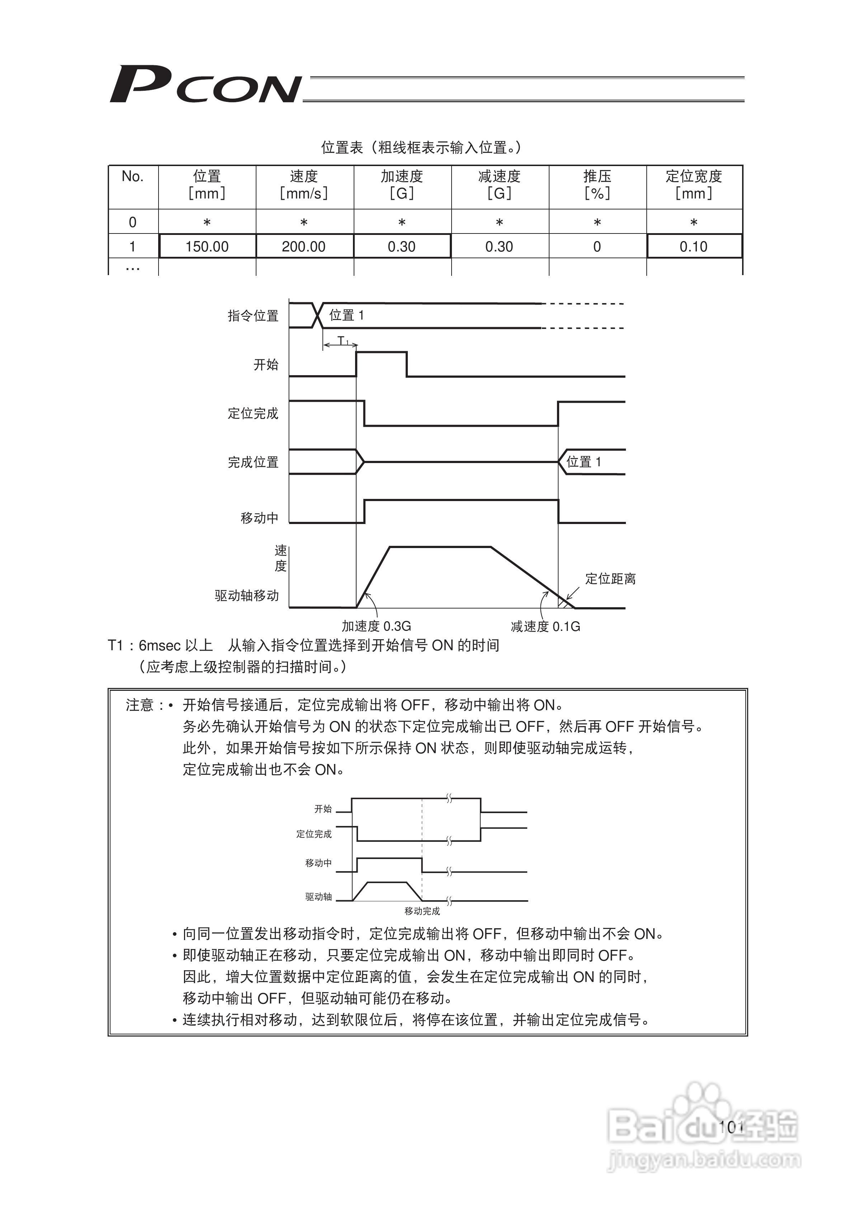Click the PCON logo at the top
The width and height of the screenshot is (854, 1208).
pos(205,84)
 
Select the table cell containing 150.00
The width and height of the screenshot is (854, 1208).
pos(207,246)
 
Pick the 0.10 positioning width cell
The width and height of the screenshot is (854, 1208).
pos(694,246)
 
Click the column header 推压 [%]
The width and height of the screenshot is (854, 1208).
pos(597,185)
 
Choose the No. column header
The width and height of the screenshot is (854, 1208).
pos(133,177)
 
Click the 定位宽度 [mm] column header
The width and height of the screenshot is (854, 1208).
pos(694,185)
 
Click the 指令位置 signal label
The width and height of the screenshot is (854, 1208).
pos(253,316)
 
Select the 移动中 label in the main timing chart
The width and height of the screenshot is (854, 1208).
pos(259,518)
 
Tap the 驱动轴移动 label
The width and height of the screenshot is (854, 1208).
pos(247,596)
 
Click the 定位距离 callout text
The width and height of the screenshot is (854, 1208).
pos(610,579)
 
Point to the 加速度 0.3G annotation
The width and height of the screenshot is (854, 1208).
pos(376,626)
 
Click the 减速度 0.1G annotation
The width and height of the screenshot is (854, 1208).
pos(545,626)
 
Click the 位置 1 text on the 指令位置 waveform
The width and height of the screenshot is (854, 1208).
pos(346,315)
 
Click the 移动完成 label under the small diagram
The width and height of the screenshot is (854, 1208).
pos(422,911)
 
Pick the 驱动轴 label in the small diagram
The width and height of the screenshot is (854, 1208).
pos(319,897)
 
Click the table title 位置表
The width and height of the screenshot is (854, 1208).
pos(342,147)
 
